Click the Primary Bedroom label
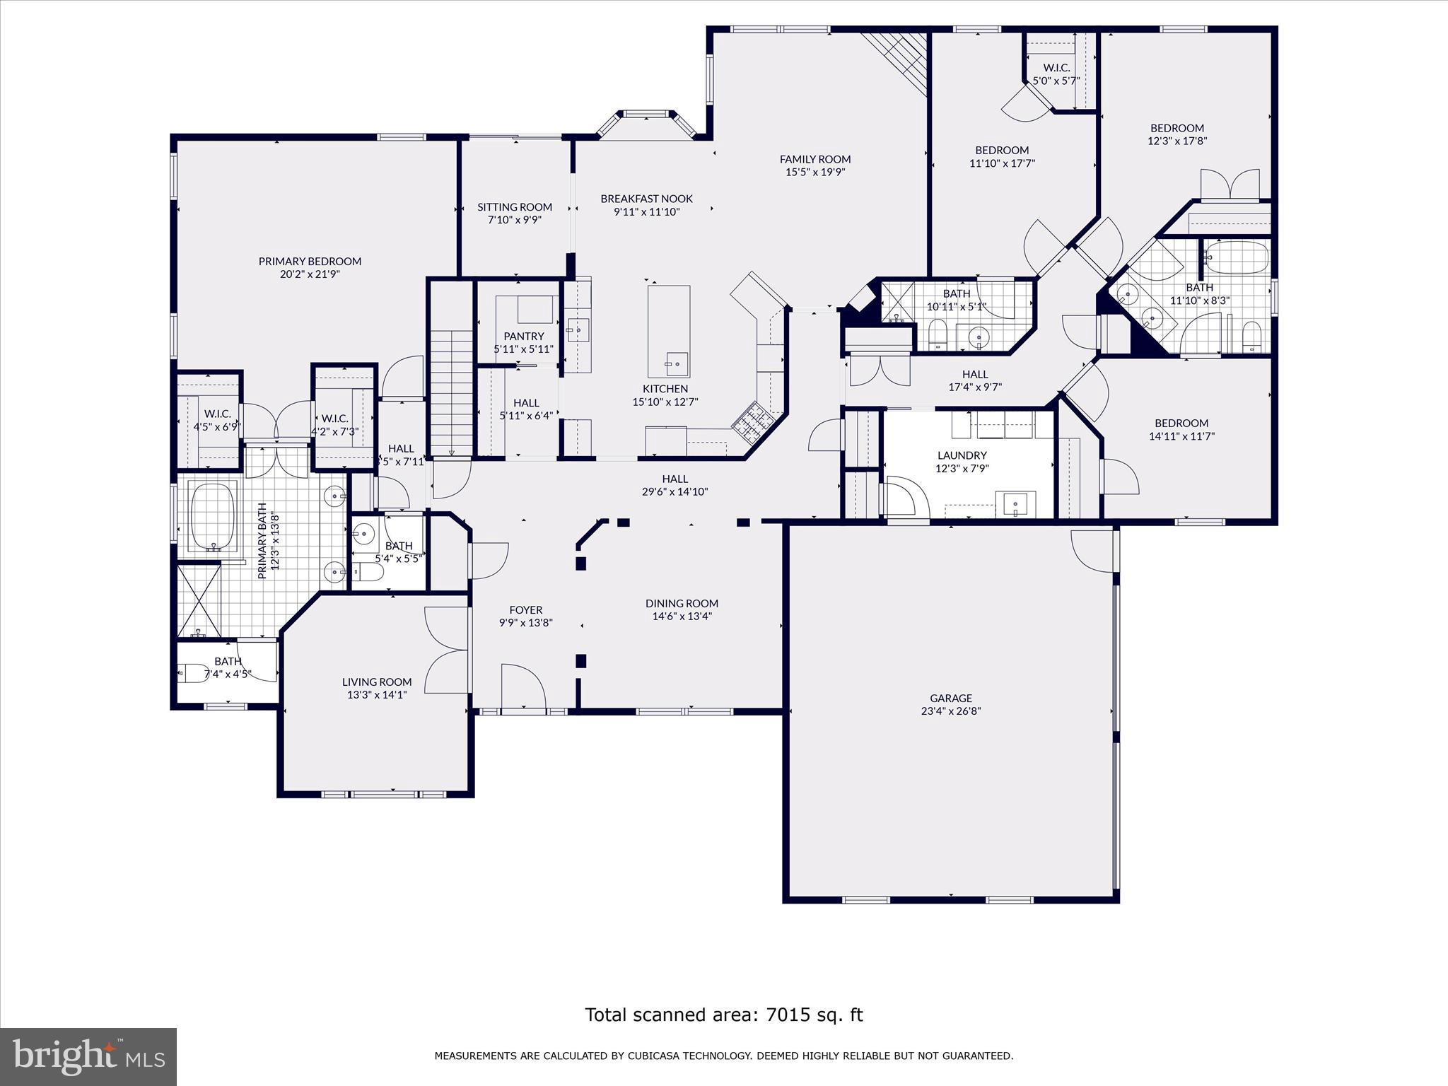click(310, 261)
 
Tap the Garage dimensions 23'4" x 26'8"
click(951, 711)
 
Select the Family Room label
click(815, 159)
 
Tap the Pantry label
click(524, 336)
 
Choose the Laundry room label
click(962, 455)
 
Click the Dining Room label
click(682, 603)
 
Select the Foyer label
click(526, 609)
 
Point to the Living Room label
click(377, 682)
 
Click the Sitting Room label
click(515, 207)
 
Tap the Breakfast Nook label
click(647, 199)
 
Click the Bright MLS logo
click(88, 1056)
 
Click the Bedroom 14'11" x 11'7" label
click(1181, 424)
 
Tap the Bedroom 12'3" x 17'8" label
click(1177, 128)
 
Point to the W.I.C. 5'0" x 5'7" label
click(1056, 68)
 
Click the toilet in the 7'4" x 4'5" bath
click(192, 672)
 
